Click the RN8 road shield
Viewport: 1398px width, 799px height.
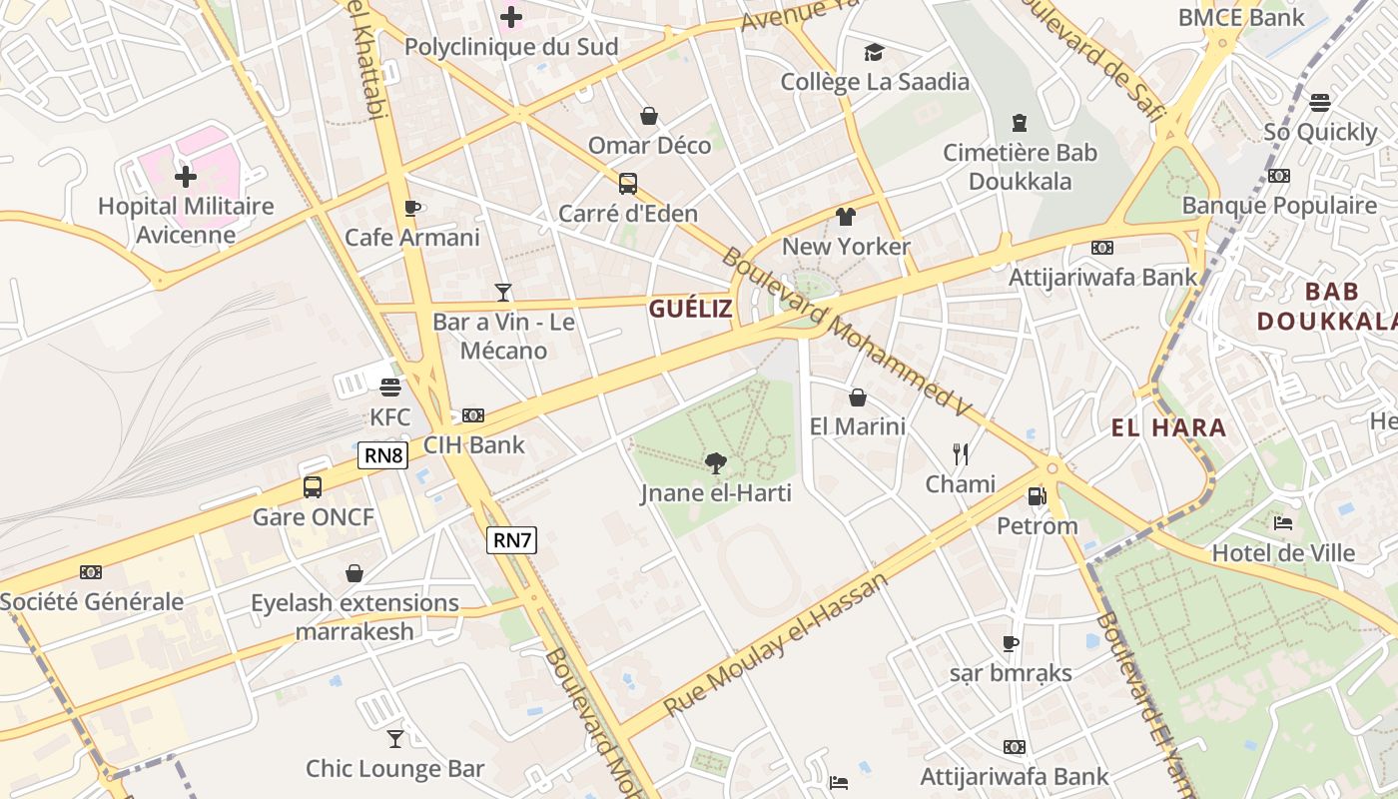tap(383, 456)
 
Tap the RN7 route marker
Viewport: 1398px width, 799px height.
tap(512, 540)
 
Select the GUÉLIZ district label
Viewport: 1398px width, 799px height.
tap(691, 309)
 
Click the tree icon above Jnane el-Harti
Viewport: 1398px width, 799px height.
tap(715, 462)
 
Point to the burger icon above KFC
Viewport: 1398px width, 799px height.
tap(389, 387)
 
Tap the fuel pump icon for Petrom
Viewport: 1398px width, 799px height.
tap(1037, 496)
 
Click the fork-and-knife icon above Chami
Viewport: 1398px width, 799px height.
tap(961, 454)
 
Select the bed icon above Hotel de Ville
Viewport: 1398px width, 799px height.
tap(1283, 523)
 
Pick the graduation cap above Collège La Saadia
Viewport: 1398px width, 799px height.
tap(874, 52)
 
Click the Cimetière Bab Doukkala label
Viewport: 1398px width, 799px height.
tap(1020, 167)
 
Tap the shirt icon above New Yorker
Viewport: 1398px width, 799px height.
tap(846, 217)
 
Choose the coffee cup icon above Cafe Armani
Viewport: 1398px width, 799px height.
tap(411, 208)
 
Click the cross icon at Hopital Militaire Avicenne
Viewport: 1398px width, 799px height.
tap(186, 178)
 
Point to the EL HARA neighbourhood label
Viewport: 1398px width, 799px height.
tap(1168, 428)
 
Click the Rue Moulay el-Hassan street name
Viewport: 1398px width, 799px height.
tap(775, 645)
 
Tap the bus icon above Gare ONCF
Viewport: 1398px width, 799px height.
tap(313, 487)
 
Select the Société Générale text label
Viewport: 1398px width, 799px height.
tap(92, 602)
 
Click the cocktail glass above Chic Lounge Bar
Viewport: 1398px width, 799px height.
tap(395, 738)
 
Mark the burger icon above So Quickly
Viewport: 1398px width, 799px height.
tap(1320, 102)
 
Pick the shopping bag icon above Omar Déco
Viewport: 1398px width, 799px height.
tap(649, 116)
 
